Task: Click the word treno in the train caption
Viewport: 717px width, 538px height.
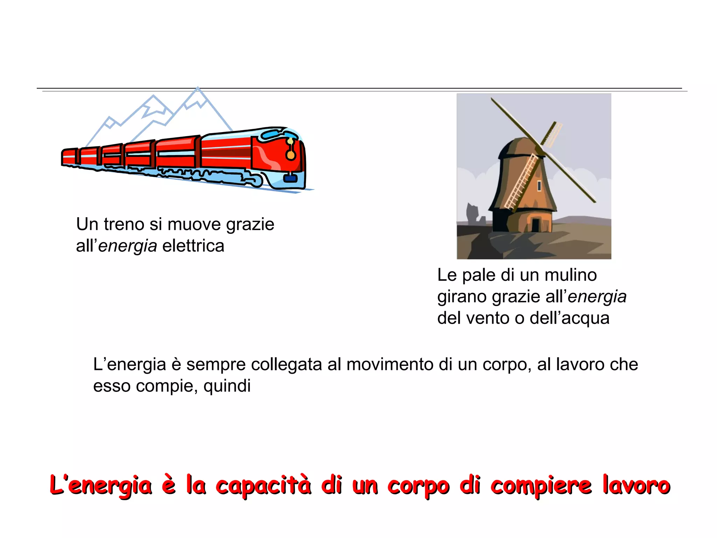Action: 124,225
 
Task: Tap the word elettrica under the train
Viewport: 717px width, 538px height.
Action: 193,246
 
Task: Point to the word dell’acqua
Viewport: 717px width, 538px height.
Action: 570,318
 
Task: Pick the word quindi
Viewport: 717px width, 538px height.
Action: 227,386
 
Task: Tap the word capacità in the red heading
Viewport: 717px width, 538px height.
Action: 263,486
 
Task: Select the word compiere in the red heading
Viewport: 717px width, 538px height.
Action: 541,486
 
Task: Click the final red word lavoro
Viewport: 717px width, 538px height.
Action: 636,486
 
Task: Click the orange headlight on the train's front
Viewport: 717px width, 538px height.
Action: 291,155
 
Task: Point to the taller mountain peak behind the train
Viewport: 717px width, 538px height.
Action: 198,92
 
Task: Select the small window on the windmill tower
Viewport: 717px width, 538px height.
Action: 539,186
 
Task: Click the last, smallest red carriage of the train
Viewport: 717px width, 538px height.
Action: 69,157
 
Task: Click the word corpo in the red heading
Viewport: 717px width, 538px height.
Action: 418,486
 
